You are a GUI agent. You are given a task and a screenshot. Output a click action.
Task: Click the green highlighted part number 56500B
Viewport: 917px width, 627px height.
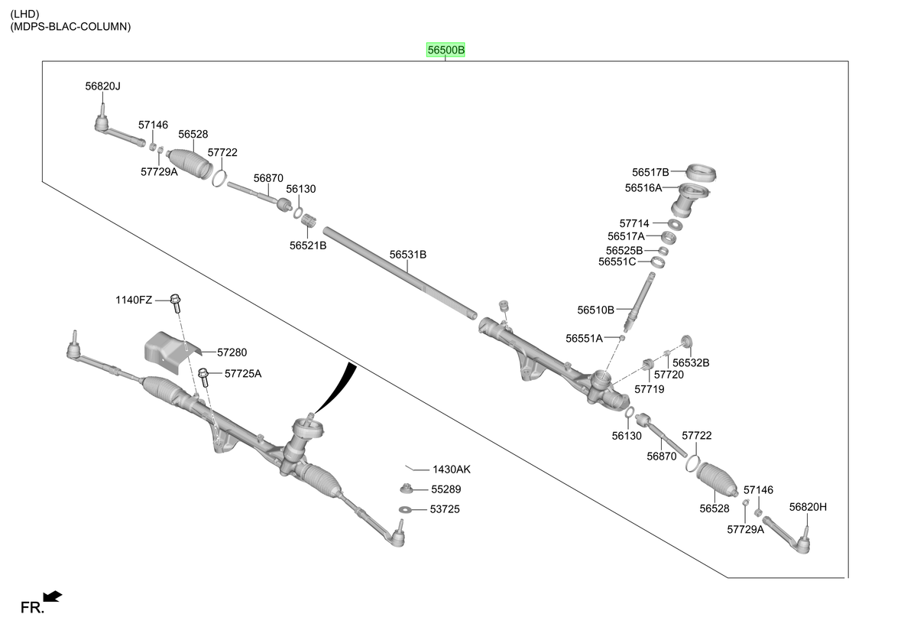[x=446, y=50]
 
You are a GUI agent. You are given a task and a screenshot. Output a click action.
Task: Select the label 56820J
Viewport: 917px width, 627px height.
[x=102, y=86]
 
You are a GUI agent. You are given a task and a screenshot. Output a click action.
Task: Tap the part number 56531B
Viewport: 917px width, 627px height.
[x=408, y=255]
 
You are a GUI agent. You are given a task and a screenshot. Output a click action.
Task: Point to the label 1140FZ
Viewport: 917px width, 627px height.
[x=134, y=301]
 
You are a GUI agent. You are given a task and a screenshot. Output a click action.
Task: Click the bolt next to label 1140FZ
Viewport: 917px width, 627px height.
[x=176, y=303]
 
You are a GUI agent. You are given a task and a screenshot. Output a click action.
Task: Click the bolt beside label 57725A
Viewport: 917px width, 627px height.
[x=204, y=377]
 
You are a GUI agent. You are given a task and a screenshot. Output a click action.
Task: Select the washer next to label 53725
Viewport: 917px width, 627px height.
[x=405, y=510]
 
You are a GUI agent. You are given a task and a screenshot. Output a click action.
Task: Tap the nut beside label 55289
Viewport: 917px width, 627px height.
[x=406, y=488]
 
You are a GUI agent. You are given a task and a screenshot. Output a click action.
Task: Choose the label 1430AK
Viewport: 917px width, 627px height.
[x=452, y=469]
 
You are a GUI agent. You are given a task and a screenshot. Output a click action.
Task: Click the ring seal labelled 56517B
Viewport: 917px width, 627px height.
[x=701, y=172]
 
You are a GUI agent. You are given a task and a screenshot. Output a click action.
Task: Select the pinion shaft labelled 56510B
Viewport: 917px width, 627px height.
[x=640, y=302]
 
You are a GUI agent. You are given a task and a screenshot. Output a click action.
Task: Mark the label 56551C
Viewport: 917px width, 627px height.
[x=617, y=262]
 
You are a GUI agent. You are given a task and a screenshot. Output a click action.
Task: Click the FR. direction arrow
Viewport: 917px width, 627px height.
[x=53, y=596]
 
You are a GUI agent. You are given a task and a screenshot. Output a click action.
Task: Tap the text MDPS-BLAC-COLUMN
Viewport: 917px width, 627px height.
[x=70, y=27]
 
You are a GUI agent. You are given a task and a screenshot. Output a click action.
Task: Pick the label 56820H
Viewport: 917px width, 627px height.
[x=808, y=507]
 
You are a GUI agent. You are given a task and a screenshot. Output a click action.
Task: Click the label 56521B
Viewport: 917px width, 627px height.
[x=308, y=245]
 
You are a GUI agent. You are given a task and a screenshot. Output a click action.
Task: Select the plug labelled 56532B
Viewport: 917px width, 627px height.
[x=686, y=341]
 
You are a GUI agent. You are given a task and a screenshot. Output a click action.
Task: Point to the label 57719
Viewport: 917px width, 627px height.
[x=650, y=389]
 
